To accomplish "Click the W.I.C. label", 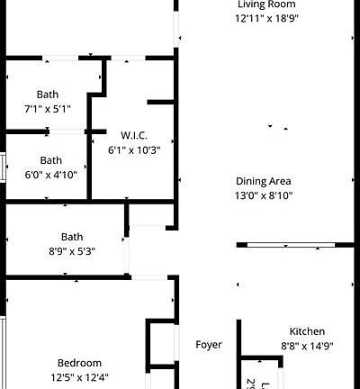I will point(133,136).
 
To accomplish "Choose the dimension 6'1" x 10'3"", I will point(133,149).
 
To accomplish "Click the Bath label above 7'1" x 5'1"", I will point(48,95).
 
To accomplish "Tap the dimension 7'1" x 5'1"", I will point(48,108).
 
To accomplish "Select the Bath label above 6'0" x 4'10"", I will point(50,160).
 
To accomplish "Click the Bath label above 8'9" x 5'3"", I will point(72,237).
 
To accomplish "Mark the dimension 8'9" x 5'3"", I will point(72,250).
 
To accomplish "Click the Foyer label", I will point(209,345).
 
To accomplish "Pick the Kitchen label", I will point(307,331).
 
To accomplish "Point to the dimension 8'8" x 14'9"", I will point(307,345).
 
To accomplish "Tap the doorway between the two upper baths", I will point(68,131).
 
